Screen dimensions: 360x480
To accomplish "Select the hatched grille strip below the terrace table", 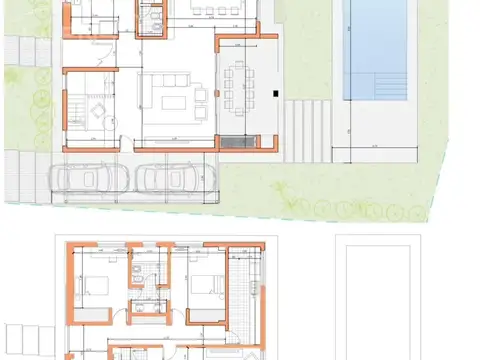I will (238, 142).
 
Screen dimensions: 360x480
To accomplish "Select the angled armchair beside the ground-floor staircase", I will (100, 104).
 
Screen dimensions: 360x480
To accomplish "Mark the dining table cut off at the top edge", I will (215, 9).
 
